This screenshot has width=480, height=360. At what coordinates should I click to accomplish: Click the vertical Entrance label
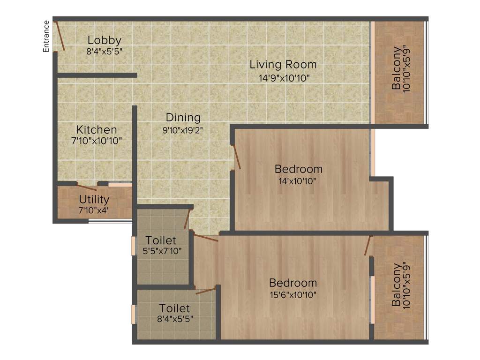46,36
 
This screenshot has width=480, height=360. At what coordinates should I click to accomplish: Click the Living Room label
283,64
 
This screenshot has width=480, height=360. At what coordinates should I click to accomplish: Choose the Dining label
183,117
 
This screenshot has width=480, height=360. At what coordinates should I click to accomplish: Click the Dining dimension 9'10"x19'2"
183,130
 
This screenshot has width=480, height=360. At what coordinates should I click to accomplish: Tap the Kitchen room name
97,129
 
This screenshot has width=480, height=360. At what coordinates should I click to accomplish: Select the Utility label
94,200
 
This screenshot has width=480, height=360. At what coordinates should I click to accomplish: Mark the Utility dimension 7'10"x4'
94,210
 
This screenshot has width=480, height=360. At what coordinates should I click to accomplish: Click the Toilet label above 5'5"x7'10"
161,240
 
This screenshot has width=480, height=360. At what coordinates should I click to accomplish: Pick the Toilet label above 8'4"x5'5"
174,308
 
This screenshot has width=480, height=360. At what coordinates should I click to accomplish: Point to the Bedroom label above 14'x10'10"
299,169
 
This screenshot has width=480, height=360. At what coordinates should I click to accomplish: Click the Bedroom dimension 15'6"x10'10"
293,295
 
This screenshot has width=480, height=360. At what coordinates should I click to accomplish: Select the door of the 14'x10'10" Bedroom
237,157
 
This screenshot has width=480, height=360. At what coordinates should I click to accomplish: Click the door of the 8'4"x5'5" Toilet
206,291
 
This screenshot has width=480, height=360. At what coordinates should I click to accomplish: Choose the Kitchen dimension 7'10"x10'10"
97,141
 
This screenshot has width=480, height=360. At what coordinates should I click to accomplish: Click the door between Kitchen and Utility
87,187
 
